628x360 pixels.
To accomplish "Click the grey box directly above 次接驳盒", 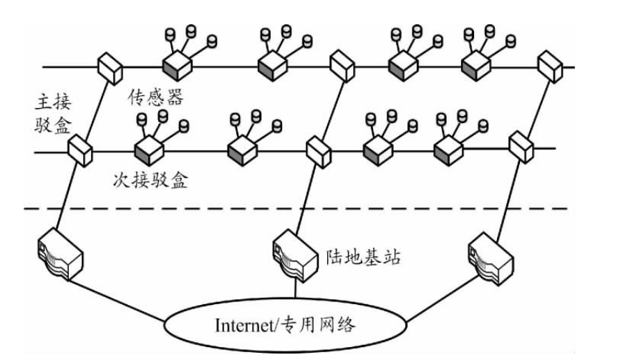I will pos(149,149).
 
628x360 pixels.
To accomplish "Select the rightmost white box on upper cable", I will pos(549,67).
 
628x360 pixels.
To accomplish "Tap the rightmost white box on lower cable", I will pos(519,147).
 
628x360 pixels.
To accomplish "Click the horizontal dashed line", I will pos(286,209).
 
